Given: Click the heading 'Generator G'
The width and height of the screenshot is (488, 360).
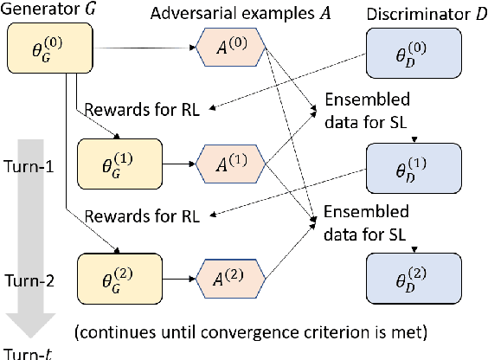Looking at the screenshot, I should pyautogui.click(x=46, y=12).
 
